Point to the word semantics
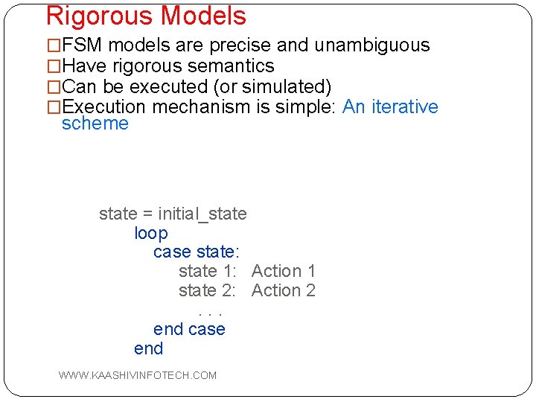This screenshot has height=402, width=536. [230, 66]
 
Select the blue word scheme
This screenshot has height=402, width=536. [95, 124]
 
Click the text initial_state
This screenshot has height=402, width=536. [202, 214]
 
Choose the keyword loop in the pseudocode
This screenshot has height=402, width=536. [151, 233]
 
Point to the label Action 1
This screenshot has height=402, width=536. [284, 272]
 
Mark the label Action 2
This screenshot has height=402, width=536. [284, 291]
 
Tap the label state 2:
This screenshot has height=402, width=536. [207, 291]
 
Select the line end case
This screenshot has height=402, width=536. [189, 330]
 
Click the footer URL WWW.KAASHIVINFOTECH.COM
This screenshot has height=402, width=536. [138, 375]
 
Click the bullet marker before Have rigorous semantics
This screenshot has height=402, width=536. [53, 66]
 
